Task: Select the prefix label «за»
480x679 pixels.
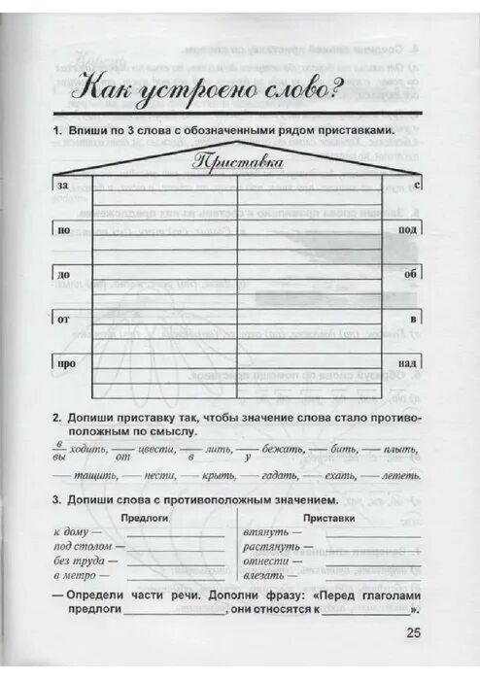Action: pyautogui.click(x=63, y=184)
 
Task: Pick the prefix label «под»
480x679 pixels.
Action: pyautogui.click(x=408, y=229)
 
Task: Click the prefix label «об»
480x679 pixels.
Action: pyautogui.click(x=410, y=274)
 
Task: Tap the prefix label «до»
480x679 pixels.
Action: pyautogui.click(x=63, y=275)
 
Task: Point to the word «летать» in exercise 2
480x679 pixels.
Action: pyautogui.click(x=400, y=476)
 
